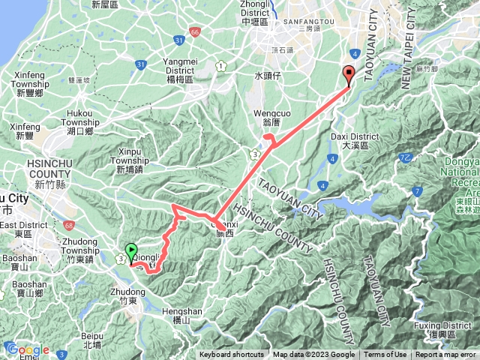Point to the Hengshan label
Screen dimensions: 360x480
(x=180, y=313)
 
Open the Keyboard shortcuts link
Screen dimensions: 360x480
(x=231, y=355)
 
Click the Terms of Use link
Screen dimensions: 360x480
(x=385, y=355)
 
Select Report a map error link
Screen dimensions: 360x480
(x=447, y=355)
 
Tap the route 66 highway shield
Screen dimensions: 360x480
(x=195, y=32)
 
